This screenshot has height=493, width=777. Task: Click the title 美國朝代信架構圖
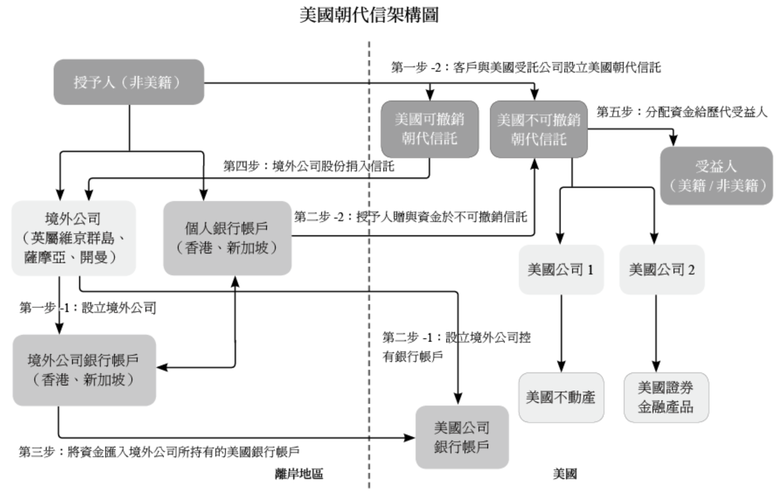369,16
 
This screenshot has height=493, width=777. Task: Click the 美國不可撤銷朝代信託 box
538,129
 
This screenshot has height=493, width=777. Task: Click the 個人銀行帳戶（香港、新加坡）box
227,238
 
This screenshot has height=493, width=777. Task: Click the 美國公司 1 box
561,269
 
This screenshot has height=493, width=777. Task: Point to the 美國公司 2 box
662,269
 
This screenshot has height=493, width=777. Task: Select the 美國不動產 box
561,397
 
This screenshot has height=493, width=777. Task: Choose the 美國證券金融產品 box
666,397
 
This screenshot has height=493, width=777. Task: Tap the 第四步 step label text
310,166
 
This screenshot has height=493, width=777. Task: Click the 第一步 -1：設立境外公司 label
87,307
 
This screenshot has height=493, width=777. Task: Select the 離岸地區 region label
299,474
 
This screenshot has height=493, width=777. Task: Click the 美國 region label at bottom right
565,474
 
